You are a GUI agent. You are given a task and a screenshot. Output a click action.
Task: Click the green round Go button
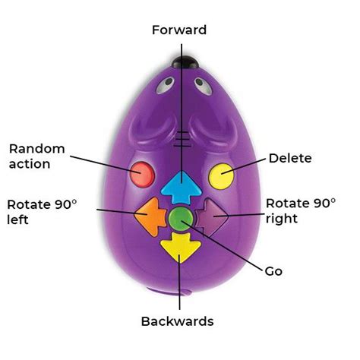pos(180,219)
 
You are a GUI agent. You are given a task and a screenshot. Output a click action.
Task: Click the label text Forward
pos(179,30)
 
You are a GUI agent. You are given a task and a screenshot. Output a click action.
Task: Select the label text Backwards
pos(178,321)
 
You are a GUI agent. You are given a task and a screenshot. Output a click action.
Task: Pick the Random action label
pos(36,156)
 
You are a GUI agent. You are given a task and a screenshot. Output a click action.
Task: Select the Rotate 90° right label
pos(300,210)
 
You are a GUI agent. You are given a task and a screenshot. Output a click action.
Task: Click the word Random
pos(37,148)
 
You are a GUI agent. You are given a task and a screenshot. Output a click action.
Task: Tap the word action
pos(30,164)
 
